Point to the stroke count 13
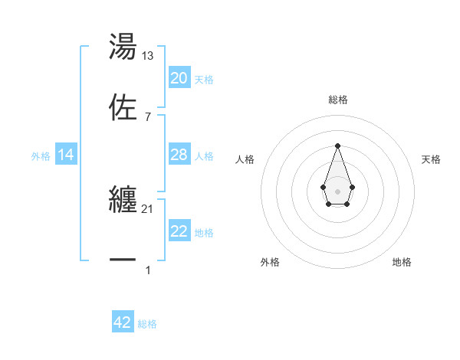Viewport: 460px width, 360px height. (x=148, y=55)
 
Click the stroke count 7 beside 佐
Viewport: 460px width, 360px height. (x=148, y=116)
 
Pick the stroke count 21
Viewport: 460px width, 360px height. (x=148, y=209)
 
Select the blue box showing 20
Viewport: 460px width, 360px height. (x=179, y=78)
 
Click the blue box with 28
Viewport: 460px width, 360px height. (x=179, y=155)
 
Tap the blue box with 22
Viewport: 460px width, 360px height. (x=179, y=231)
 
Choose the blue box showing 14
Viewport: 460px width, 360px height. (x=66, y=155)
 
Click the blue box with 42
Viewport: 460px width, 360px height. (x=123, y=322)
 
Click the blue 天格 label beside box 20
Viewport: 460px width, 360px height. (x=204, y=79)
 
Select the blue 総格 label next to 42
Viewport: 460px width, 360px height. (x=147, y=324)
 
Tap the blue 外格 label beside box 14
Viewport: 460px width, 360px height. (x=41, y=155)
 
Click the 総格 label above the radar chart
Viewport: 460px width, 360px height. (x=337, y=100)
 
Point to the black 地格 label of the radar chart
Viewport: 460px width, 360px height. (x=402, y=262)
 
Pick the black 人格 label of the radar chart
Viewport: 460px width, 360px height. (x=245, y=159)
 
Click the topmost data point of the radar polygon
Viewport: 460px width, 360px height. (x=337, y=146)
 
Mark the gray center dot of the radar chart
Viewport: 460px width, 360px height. (x=337, y=191)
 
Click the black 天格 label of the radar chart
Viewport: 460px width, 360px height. (x=432, y=159)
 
